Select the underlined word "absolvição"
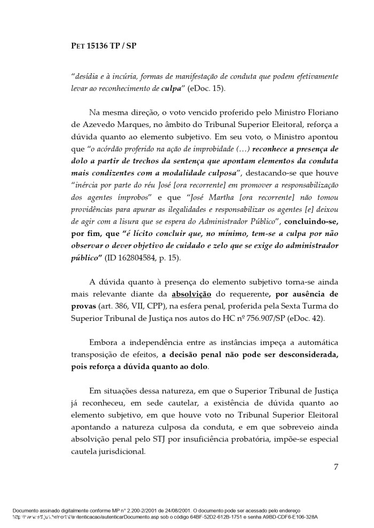pyautogui.click(x=192, y=294)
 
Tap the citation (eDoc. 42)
pyautogui.click(x=304, y=318)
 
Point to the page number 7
pyautogui.click(x=336, y=467)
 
